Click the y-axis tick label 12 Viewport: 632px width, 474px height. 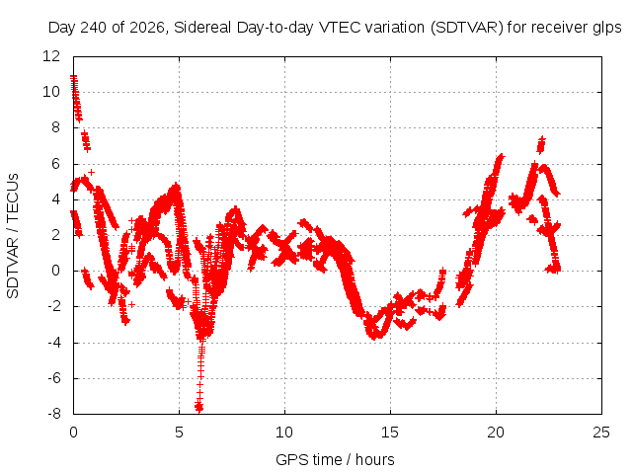(51, 56)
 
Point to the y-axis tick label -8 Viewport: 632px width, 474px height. (53, 414)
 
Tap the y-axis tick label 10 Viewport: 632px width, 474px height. (51, 92)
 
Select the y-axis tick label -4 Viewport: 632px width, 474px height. (53, 343)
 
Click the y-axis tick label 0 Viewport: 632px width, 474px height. (55, 271)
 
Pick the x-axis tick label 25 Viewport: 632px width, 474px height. (601, 433)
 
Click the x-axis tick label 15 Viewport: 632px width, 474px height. (390, 433)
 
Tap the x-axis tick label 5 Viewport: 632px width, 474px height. (179, 433)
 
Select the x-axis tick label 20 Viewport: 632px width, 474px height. (496, 433)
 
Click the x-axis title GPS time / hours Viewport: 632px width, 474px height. (335, 459)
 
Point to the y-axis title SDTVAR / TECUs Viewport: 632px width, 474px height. (13, 236)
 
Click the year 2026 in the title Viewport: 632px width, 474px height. (147, 28)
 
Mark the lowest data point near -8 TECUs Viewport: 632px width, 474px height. (198, 408)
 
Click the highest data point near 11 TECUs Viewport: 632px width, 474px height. (73, 77)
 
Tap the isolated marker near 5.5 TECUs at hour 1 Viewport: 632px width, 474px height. (92, 172)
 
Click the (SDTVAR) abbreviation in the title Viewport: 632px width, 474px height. (467, 28)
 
